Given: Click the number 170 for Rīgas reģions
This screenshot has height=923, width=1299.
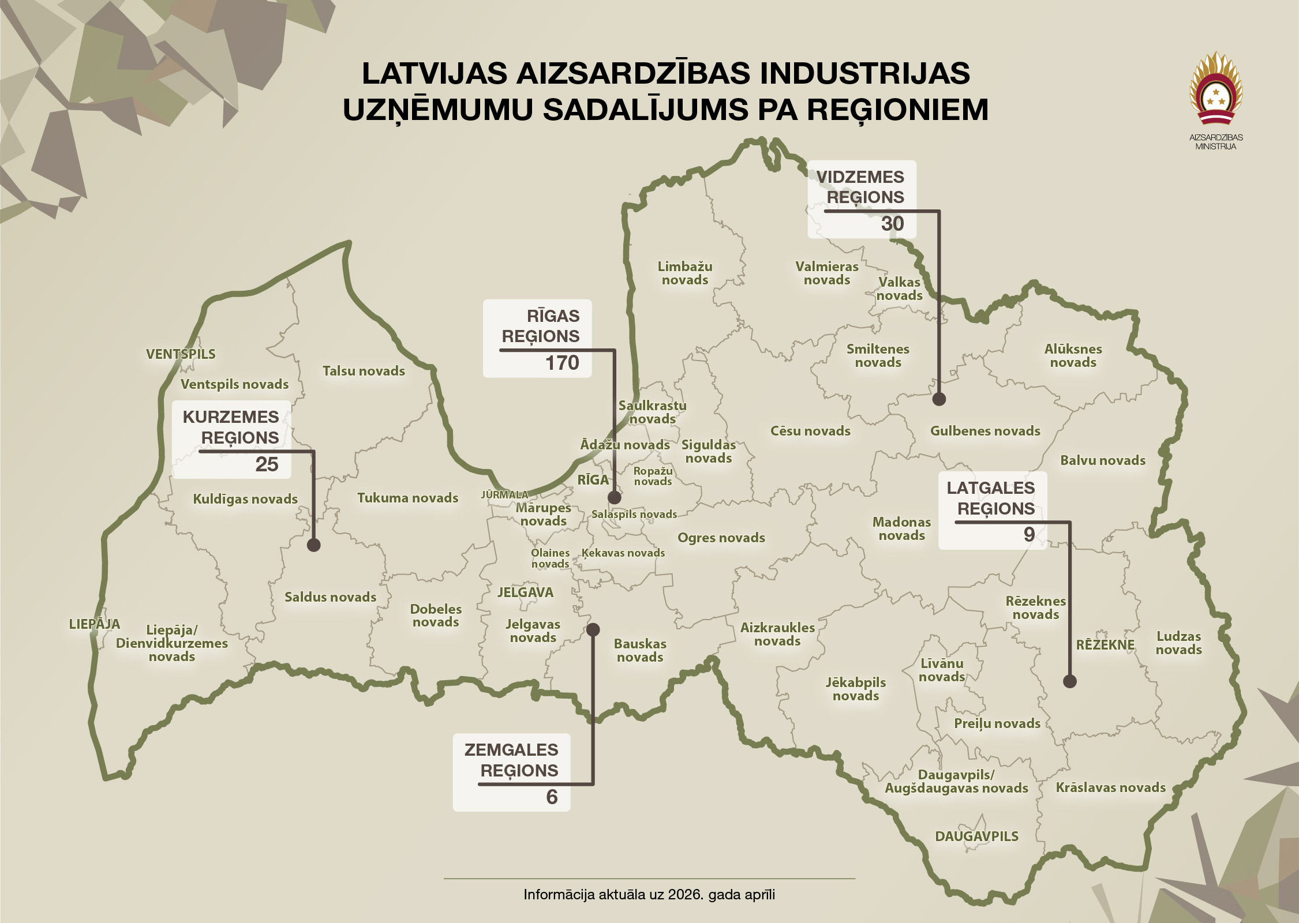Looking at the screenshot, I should tap(561, 363).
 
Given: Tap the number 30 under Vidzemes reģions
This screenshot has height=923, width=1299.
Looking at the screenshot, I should tap(892, 224).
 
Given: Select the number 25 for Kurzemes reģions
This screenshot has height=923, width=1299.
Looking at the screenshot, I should tap(267, 464).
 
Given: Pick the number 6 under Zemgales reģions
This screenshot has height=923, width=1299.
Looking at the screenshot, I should tap(551, 797).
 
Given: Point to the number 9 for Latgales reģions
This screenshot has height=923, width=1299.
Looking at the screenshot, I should tap(1028, 534).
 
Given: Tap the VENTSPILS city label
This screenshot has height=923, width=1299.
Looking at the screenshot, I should tap(181, 354).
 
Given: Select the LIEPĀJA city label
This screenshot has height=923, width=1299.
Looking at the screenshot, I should tap(95, 624).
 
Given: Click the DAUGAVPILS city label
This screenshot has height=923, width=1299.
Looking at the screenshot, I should tap(976, 836).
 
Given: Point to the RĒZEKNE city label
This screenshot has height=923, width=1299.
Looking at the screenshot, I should tap(1105, 645).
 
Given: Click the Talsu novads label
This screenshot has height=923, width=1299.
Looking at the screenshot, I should tap(364, 372).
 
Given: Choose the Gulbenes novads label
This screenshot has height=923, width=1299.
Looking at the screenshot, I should tap(985, 431).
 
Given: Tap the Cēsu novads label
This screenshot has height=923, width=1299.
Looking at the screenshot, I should tap(810, 431).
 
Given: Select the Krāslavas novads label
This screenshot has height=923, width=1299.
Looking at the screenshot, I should tap(1110, 788).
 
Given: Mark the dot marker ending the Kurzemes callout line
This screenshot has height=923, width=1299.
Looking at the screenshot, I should tap(313, 545).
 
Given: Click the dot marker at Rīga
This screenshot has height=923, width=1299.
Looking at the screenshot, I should tap(614, 497).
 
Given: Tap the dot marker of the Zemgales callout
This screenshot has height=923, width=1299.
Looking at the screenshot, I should tap(593, 629).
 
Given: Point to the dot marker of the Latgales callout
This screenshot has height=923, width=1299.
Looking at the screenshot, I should tap(1069, 681).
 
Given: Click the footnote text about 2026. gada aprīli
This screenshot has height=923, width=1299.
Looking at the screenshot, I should tap(649, 895).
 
